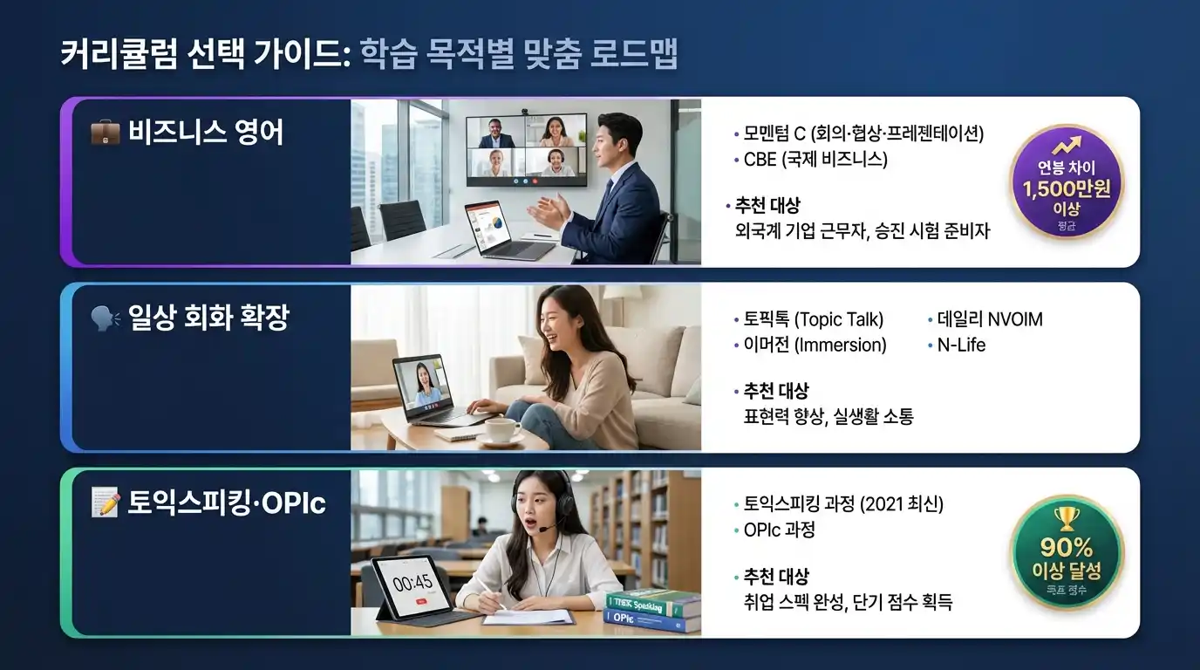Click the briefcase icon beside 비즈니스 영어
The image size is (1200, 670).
[106, 133]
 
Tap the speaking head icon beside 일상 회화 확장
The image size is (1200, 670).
[106, 318]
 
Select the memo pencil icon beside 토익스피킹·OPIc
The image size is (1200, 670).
[106, 503]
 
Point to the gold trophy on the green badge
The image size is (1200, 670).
[1067, 519]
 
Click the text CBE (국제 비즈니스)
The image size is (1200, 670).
[815, 160]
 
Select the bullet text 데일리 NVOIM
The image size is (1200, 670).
[990, 319]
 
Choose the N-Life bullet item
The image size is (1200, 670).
[961, 345]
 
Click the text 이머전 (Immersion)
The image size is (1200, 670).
[815, 345]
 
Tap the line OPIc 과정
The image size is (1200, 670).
[779, 530]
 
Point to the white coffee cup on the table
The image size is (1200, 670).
[502, 429]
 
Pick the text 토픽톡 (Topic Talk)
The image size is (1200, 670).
[814, 319]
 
